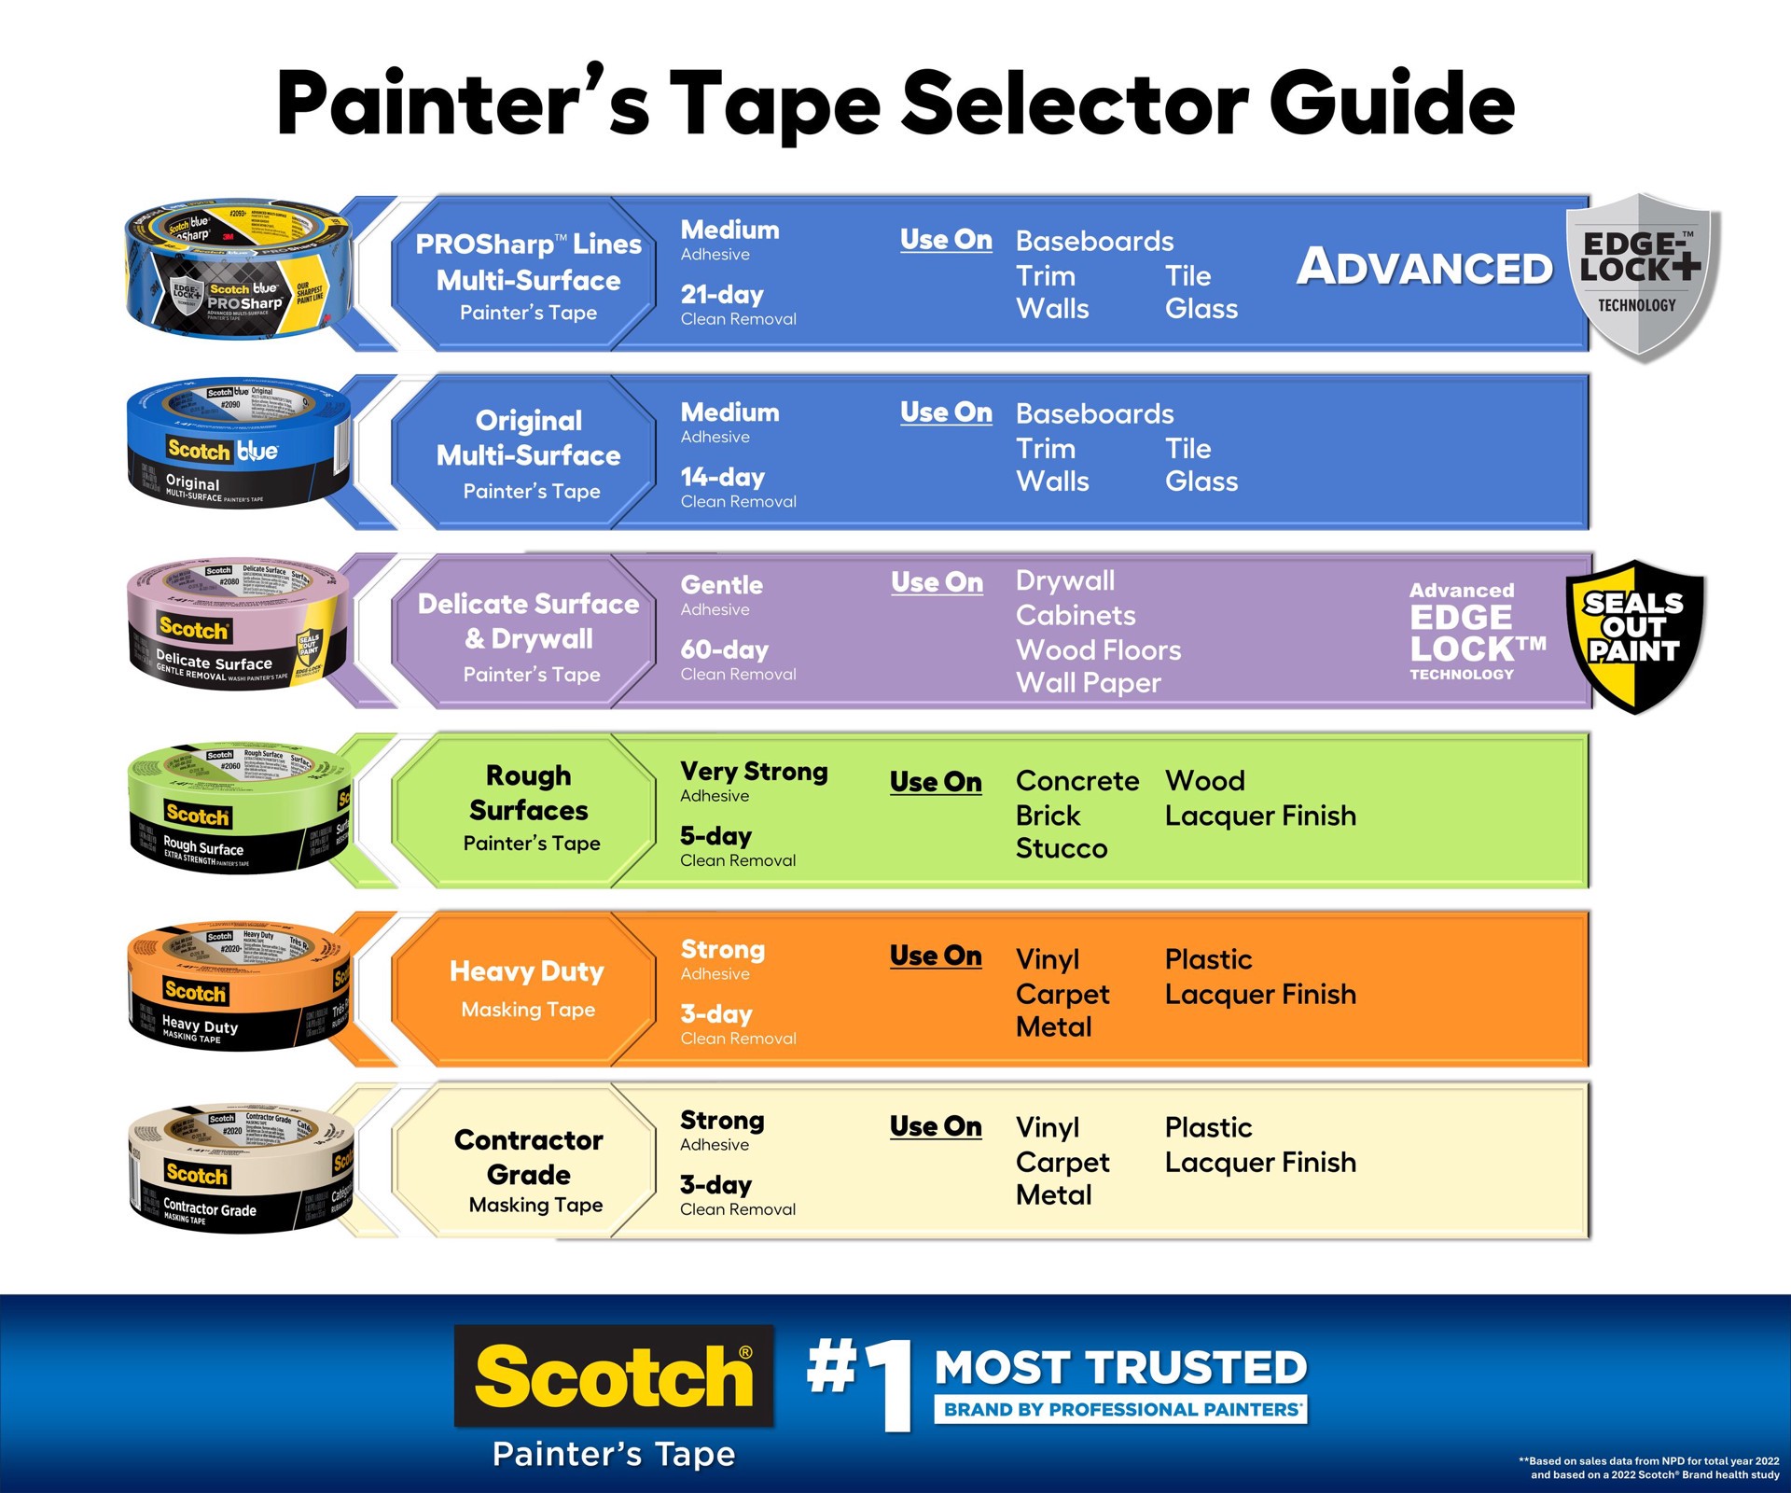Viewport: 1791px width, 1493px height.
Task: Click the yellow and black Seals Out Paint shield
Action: (x=1635, y=636)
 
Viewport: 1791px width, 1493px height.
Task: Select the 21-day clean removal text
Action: (x=737, y=305)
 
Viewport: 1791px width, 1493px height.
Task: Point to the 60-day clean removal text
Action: (x=737, y=660)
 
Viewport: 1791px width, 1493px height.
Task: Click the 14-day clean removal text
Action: (x=737, y=487)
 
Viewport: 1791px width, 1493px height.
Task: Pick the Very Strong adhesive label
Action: (x=754, y=773)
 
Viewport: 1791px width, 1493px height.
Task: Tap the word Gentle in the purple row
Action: (x=721, y=585)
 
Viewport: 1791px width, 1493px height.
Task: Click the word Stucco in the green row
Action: (x=1061, y=849)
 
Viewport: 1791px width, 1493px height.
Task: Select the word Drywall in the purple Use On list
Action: (x=1064, y=580)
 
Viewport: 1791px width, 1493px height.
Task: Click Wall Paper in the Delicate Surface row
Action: (x=1088, y=683)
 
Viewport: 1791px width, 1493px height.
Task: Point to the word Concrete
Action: (x=1076, y=781)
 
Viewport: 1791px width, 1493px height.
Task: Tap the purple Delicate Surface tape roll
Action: (x=238, y=625)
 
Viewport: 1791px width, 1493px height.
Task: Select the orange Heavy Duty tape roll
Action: (x=238, y=987)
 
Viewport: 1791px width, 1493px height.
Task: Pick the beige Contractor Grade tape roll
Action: (x=238, y=1168)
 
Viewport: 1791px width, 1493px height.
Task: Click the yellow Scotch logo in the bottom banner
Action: (x=613, y=1376)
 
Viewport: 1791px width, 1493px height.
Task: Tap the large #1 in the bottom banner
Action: (x=860, y=1381)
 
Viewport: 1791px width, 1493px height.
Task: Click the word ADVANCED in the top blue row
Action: (x=1424, y=268)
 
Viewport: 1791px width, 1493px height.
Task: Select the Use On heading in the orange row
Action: (x=935, y=956)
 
